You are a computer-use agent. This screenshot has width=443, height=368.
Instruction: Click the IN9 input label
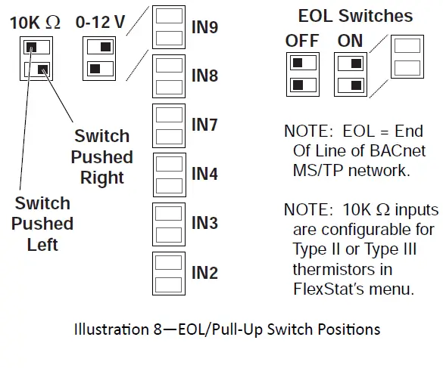tap(204, 28)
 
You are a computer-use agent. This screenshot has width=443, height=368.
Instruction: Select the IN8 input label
tap(204, 76)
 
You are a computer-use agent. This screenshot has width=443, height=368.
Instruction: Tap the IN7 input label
tap(204, 125)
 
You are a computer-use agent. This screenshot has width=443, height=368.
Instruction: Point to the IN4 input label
tap(204, 174)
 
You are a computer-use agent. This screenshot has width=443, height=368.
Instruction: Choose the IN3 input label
tap(204, 223)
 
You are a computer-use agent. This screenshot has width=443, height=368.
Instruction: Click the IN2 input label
tap(204, 272)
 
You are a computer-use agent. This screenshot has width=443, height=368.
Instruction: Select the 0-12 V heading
tap(100, 23)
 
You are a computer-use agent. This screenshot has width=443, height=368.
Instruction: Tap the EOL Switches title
tap(355, 16)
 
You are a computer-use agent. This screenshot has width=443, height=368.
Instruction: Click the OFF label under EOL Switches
tap(302, 41)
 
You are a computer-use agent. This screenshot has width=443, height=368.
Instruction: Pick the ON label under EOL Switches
tap(351, 41)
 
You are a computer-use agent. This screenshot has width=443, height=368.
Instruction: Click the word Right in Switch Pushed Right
tap(102, 178)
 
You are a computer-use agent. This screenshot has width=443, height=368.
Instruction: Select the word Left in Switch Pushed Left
tap(42, 245)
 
